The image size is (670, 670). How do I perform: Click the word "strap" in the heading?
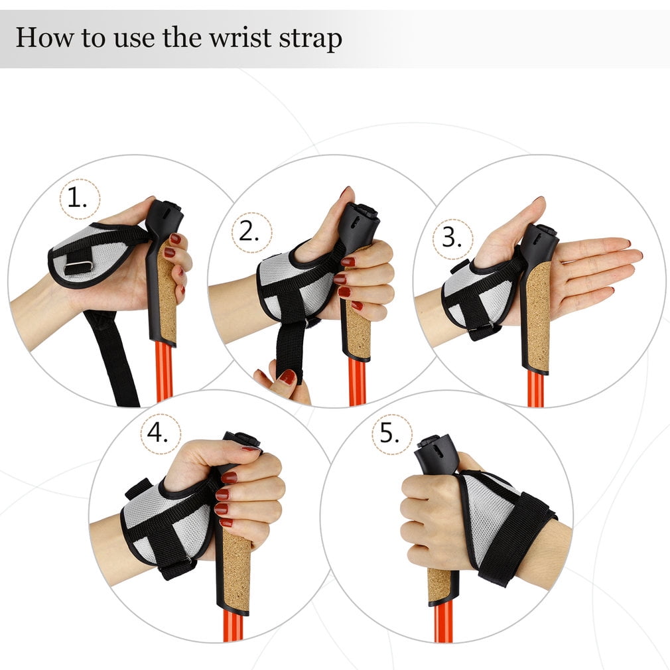pyautogui.click(x=311, y=38)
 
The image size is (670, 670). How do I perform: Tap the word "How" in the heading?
pyautogui.click(x=44, y=37)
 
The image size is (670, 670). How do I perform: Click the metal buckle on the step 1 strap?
pyautogui.click(x=78, y=267)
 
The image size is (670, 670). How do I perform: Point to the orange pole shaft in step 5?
pyautogui.click(x=442, y=622)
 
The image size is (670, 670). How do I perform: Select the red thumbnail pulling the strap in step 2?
pyautogui.click(x=287, y=377)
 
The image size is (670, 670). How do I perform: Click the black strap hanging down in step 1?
pyautogui.click(x=112, y=358)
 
